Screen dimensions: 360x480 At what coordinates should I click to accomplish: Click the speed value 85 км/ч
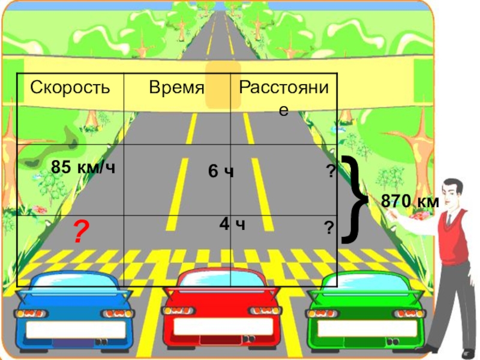pos(83,167)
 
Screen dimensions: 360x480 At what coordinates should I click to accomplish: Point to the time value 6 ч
pos(220,172)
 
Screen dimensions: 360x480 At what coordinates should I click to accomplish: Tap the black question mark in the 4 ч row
pos(329,227)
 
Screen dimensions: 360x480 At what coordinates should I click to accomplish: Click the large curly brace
pos(354,200)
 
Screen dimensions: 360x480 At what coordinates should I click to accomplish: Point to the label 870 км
pos(410,202)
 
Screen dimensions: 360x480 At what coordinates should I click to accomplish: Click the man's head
pos(453,192)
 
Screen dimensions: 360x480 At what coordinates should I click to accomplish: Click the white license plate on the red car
pos(221,328)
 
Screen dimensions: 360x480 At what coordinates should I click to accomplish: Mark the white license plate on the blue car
pos(71,329)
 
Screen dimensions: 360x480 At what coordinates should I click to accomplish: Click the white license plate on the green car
pos(367,329)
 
